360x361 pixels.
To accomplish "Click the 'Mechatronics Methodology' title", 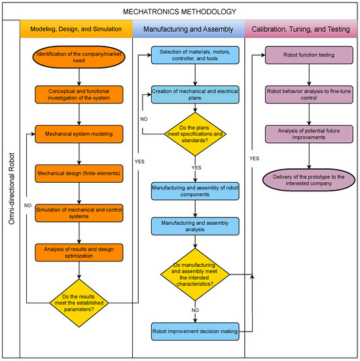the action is (x=179, y=12).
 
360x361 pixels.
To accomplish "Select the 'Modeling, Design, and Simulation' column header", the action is (x=76, y=29).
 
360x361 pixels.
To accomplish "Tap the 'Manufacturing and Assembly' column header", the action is (x=189, y=29).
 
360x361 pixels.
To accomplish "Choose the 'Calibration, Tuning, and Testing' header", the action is (x=300, y=29).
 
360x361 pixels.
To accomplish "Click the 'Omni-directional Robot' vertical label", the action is (x=12, y=188).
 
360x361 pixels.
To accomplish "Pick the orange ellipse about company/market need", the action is (x=79, y=57).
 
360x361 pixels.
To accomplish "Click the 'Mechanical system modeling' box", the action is (x=79, y=134).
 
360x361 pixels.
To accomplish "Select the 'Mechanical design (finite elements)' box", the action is (x=79, y=174).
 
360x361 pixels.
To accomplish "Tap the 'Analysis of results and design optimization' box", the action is (x=79, y=252).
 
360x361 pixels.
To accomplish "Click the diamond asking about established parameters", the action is (x=79, y=303).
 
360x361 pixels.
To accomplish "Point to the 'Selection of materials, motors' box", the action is (x=195, y=55).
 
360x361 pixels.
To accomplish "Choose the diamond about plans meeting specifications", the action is (x=195, y=134).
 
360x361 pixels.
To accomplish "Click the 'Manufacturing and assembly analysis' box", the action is (x=195, y=226).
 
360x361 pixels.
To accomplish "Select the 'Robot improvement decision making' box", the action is (x=195, y=332).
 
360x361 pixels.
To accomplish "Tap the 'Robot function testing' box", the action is (x=309, y=55).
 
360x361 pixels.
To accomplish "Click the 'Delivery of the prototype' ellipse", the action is (x=309, y=180).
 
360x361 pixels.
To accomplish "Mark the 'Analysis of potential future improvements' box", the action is (x=309, y=134).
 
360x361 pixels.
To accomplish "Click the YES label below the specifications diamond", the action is (x=196, y=168).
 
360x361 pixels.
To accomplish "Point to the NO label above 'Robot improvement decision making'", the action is (x=195, y=311).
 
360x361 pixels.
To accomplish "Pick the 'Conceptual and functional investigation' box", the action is (x=79, y=94).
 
